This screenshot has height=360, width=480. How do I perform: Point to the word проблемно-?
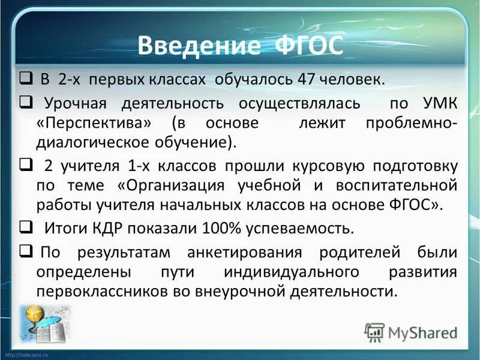(x=412, y=123)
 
